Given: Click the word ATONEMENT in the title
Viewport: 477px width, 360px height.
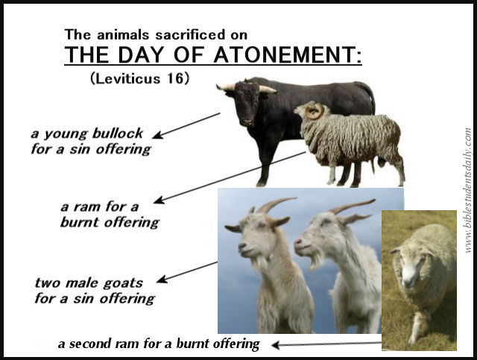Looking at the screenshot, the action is pos(288,54).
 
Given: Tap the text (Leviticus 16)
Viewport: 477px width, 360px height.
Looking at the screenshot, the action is pos(140,78).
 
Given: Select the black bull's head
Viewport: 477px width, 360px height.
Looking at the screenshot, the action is pos(247,102).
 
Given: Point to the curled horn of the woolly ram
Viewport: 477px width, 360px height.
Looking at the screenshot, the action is pos(315,111).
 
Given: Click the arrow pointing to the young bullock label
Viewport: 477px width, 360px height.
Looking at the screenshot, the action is pos(186,126).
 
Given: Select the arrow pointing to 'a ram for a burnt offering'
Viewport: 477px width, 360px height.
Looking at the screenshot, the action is pos(230,177).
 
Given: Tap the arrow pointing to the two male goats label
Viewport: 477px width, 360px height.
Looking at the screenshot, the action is pos(187,272).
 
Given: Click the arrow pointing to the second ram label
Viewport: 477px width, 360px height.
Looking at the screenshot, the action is pos(326,344).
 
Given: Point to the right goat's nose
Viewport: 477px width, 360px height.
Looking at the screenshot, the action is pos(297,242).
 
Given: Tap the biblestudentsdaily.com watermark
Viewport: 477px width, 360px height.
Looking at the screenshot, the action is pos(468,190).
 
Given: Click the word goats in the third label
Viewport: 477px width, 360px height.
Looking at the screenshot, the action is pos(123,283).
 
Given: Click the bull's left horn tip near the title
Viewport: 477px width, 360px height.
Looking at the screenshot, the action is pos(218,86).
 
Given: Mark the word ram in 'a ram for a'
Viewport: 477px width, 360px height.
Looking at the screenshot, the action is pos(87,207).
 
